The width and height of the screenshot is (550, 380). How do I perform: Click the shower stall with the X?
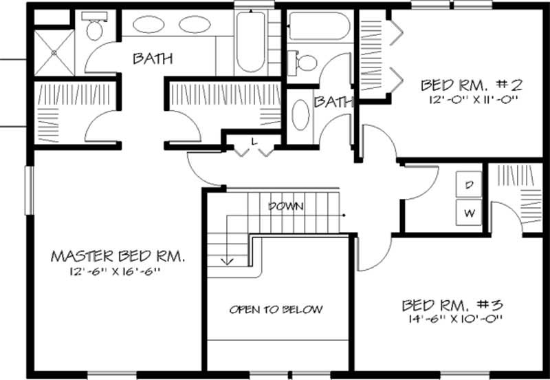coord(53,52)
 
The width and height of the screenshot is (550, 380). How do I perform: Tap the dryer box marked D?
coord(470,185)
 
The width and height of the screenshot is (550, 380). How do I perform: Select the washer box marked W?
coord(470,213)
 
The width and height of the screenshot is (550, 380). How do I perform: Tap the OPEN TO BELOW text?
coord(276,310)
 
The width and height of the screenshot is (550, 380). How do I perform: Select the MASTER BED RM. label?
coord(118,256)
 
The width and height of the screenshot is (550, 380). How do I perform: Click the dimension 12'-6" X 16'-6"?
coord(118,272)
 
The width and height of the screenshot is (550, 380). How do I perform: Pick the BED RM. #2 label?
coord(472,85)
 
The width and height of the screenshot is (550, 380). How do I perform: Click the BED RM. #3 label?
coord(453,304)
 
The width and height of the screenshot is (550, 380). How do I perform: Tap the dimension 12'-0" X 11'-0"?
coord(472,99)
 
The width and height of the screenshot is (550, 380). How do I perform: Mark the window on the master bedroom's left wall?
coord(29,189)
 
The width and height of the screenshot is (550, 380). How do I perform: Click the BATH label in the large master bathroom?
coord(153,59)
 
